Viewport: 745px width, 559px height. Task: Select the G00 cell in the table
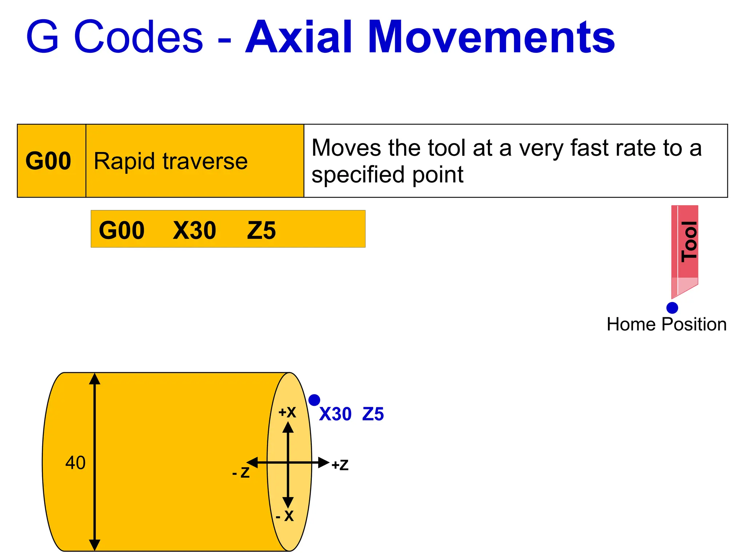(48, 161)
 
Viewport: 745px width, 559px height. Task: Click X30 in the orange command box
(194, 230)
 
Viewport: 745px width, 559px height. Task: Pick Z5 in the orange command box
(261, 230)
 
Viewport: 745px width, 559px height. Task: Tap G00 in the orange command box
(121, 230)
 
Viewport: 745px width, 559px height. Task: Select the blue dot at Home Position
(672, 308)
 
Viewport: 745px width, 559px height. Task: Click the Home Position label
(666, 324)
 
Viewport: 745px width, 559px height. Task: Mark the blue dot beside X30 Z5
(314, 400)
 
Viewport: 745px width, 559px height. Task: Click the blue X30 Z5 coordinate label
(351, 414)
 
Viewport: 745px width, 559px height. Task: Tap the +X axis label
(287, 412)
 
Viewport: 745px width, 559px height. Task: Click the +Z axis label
(340, 465)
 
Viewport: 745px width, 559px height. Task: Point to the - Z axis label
(241, 472)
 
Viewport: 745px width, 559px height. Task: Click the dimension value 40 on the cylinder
(75, 463)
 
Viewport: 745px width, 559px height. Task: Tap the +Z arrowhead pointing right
(324, 463)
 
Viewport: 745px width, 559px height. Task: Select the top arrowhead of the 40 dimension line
(95, 379)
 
